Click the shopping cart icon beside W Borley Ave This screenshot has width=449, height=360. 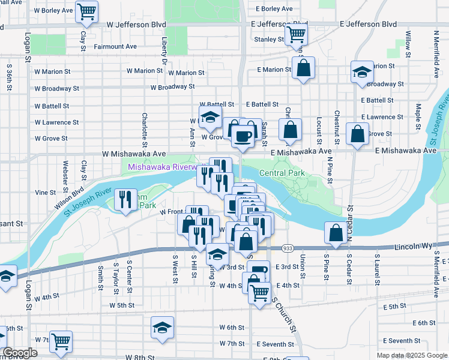coord(87,11)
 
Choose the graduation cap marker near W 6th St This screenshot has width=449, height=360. coord(162,328)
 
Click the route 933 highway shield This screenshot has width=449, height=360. coord(288,248)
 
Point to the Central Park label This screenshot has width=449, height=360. coord(282,173)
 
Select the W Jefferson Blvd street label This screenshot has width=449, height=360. coord(136,25)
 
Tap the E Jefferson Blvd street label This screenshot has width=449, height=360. coord(368,25)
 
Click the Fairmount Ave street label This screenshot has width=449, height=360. coord(115,46)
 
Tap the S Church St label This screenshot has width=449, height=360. coord(284,314)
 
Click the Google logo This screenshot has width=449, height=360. coord(20,353)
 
